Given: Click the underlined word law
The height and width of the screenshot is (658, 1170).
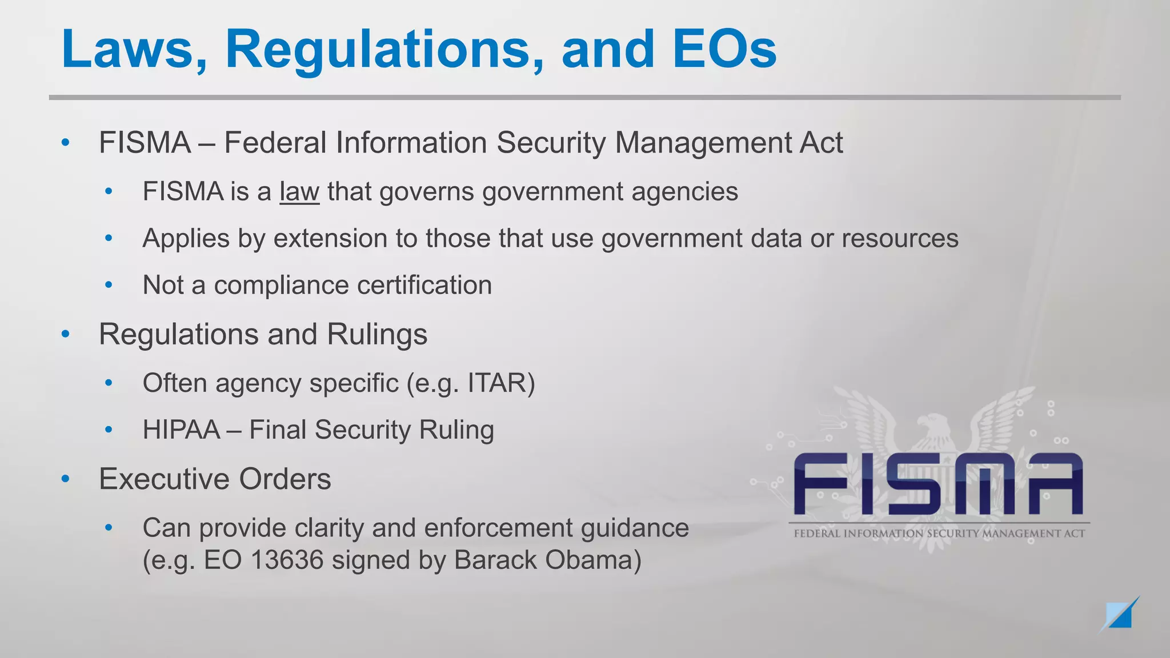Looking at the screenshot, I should point(299,191).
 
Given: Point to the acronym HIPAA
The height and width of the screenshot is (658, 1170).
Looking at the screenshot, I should point(181,430).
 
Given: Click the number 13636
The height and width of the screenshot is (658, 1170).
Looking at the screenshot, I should point(287,560).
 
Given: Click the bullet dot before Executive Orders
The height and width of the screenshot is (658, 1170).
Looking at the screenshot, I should point(66,479).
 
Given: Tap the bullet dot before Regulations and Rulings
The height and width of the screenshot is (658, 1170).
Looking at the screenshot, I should point(66,334).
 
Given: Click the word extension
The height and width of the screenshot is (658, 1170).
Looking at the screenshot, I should point(330,238).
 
